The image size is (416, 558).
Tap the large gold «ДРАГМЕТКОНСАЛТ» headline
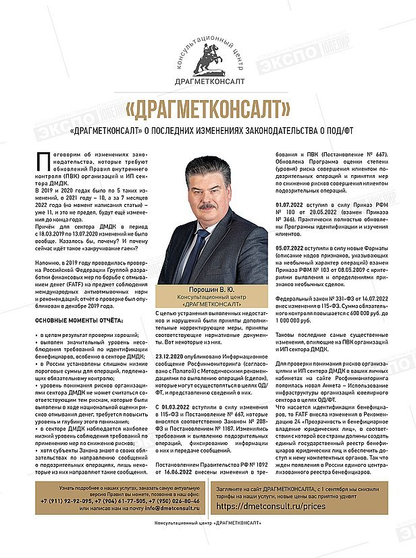[207, 108]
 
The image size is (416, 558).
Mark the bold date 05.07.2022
[289, 249]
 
